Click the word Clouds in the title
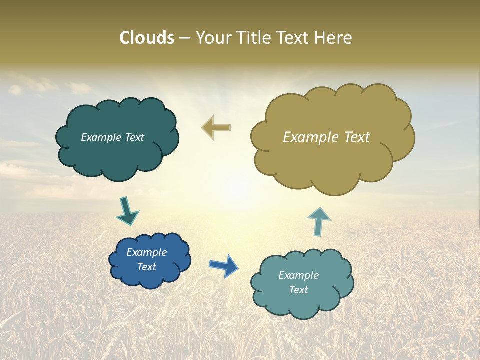147,38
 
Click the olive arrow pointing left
216,128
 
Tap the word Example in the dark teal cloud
101,137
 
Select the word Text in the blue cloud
146,267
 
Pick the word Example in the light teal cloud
298,275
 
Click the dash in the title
184,38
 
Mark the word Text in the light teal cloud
298,290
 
